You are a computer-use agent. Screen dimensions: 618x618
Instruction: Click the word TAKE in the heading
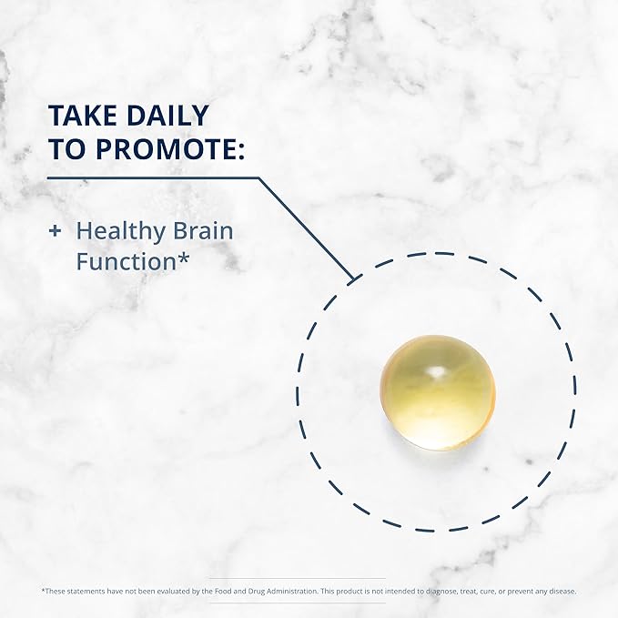(83, 116)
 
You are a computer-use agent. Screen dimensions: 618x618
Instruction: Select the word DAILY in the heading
(167, 116)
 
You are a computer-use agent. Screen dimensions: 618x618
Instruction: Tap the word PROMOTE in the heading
(166, 149)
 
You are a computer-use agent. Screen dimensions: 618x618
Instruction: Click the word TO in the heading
(68, 149)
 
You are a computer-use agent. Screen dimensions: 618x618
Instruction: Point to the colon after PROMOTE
(241, 152)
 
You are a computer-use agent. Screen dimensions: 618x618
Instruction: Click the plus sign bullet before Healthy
(55, 231)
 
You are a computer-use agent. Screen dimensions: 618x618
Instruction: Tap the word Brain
(203, 230)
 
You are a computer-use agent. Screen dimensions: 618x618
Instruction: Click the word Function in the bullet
(126, 262)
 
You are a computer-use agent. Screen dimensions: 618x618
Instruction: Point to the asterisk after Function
(183, 258)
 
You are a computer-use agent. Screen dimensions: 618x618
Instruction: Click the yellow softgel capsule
(438, 392)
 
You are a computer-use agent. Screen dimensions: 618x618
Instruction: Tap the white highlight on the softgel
(436, 371)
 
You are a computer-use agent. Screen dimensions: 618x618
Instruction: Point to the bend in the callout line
(258, 178)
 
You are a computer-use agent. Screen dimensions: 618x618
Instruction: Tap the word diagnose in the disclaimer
(436, 592)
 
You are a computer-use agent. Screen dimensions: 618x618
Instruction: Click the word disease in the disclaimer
(562, 592)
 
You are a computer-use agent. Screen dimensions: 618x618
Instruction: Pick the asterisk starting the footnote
(44, 590)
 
